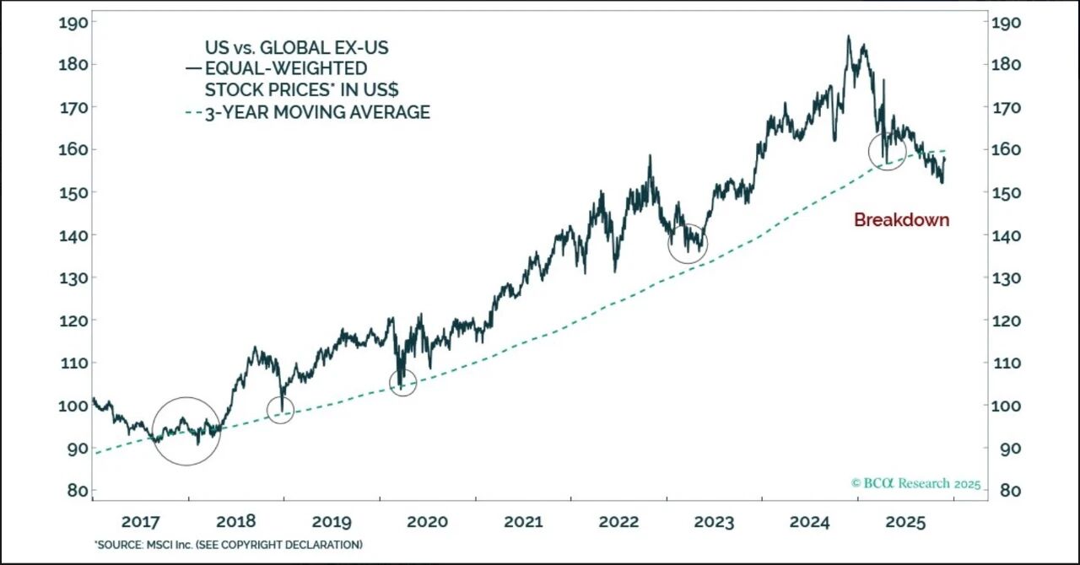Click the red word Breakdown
901,220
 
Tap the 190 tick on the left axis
73,23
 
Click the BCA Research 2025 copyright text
915,484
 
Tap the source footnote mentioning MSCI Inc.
228,545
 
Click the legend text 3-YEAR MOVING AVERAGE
317,112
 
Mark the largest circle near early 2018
186,431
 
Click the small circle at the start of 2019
280,410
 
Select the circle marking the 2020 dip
403,383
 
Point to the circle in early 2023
688,244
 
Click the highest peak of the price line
848,37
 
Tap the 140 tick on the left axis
73,235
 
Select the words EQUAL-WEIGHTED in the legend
287,68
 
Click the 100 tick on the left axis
73,406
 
